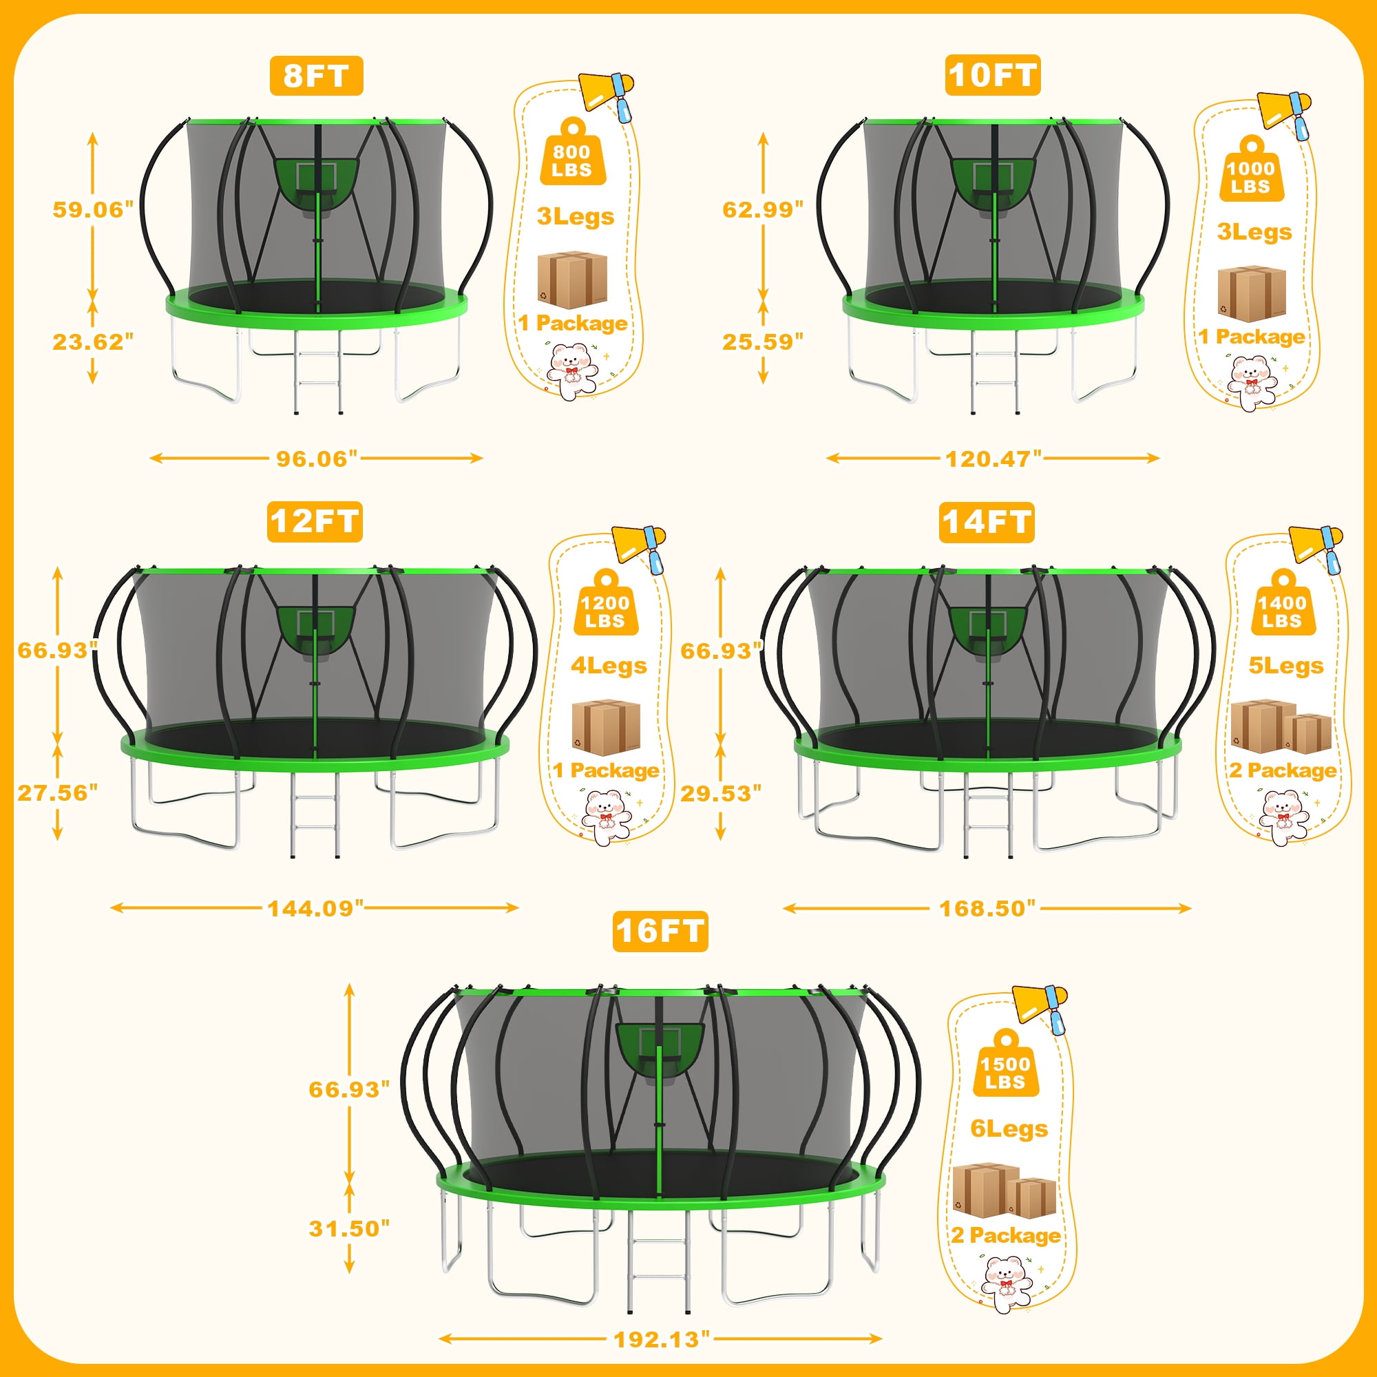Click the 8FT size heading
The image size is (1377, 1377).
tap(316, 76)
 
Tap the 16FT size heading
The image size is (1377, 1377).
tap(660, 931)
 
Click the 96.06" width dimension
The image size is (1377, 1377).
tap(317, 459)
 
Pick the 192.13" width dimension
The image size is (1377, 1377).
tap(662, 1339)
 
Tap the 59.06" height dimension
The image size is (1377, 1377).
tap(93, 210)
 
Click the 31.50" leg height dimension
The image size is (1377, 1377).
tap(349, 1228)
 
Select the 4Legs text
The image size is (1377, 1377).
tap(609, 666)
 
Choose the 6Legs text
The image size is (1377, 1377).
tap(1009, 1129)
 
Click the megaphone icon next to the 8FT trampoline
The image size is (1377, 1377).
tap(606, 96)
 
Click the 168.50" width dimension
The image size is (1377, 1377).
tap(987, 908)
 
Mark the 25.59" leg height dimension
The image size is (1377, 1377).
tap(763, 341)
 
